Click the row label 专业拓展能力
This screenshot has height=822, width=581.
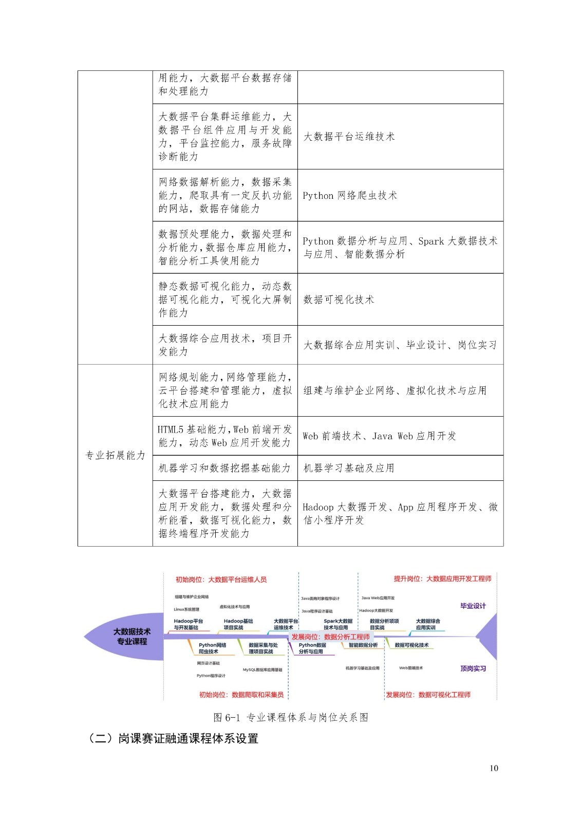(x=115, y=455)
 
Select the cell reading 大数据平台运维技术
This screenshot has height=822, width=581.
(x=349, y=137)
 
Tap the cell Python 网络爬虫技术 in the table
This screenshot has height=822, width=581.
(x=350, y=195)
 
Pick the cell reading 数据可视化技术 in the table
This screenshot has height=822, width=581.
(x=339, y=299)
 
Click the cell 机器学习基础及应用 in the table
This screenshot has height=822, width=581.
(x=349, y=468)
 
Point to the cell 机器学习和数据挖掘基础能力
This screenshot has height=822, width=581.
(x=224, y=468)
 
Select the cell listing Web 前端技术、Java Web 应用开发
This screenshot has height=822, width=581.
(x=379, y=436)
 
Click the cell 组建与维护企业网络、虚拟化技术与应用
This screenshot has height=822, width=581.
(x=395, y=390)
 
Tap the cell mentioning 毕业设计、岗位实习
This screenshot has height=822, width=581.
(x=400, y=345)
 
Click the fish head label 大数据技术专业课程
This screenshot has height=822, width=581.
(x=132, y=637)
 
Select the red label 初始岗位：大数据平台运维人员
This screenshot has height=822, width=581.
(x=221, y=579)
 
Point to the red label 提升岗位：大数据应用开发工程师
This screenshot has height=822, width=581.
(x=442, y=578)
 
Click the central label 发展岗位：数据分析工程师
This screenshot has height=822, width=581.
(x=330, y=637)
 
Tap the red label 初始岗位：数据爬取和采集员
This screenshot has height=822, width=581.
(x=241, y=695)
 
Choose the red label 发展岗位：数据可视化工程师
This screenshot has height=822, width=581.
(x=428, y=695)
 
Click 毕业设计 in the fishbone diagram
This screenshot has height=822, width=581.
(x=473, y=606)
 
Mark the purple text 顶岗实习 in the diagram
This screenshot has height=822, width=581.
(x=473, y=668)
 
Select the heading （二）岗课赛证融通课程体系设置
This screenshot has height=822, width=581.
(x=173, y=739)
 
